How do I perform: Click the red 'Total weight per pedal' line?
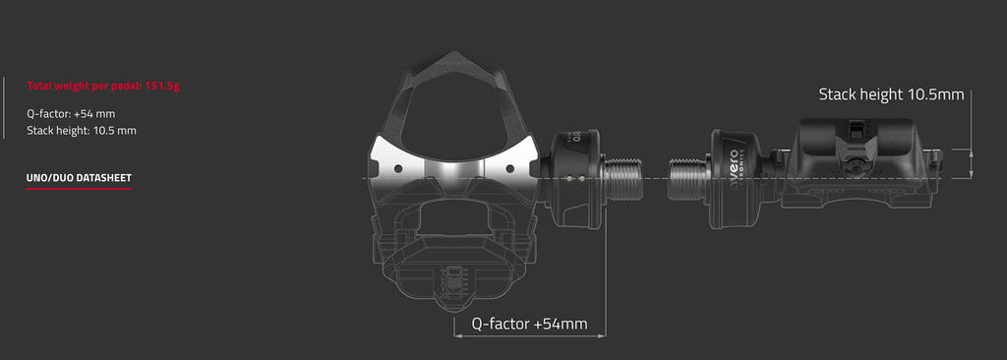point(102,86)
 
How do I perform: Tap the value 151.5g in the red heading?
point(162,86)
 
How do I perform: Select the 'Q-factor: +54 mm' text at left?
point(71,114)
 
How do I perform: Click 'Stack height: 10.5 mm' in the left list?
point(82,131)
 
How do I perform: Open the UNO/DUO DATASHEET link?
point(79,178)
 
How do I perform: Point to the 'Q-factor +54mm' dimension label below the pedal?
point(529,324)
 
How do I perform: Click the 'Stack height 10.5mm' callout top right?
point(891,94)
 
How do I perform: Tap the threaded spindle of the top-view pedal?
point(625,178)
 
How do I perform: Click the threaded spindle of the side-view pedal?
point(689,179)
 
